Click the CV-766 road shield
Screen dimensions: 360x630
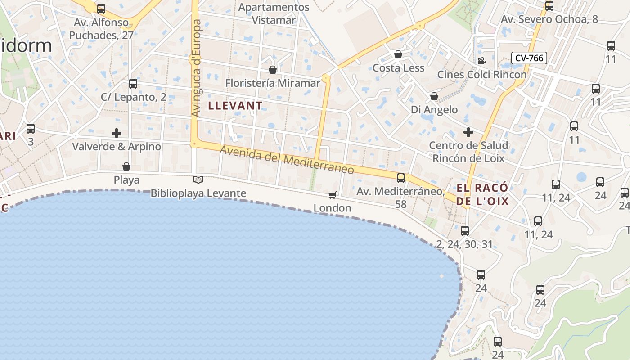(x=529, y=58)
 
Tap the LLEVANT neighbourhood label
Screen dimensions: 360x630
(x=235, y=106)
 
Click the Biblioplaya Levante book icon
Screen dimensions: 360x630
(x=198, y=180)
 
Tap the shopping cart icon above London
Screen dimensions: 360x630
(x=332, y=195)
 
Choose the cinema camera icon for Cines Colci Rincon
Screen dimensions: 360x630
(x=481, y=61)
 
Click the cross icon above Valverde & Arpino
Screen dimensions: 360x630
(x=117, y=133)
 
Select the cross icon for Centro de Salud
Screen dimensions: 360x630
(x=468, y=132)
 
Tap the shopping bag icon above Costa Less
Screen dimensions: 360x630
(x=398, y=55)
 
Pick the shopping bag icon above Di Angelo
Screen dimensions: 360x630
(x=434, y=96)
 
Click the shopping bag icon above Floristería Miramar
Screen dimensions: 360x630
(x=273, y=70)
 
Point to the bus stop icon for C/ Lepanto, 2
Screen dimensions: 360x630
(x=133, y=84)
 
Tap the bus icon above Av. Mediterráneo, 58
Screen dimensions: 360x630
(x=401, y=178)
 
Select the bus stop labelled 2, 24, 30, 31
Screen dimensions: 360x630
(x=465, y=231)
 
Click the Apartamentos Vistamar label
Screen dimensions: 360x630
(x=274, y=13)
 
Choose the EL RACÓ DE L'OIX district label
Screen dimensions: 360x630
(x=482, y=194)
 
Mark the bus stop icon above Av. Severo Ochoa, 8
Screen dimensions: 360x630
(x=549, y=6)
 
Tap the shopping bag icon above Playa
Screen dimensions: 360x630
(x=126, y=167)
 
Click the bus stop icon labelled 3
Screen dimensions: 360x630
(x=31, y=129)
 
